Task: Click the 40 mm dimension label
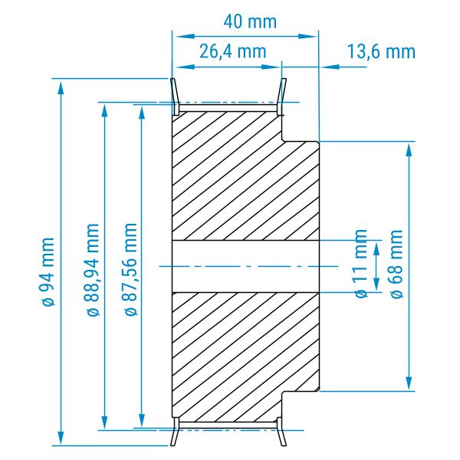pyautogui.click(x=250, y=22)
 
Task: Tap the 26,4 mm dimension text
pyautogui.click(x=233, y=51)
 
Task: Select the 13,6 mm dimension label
pyautogui.click(x=381, y=51)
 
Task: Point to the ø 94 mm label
pyautogui.click(x=48, y=272)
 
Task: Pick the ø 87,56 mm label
pyautogui.click(x=131, y=269)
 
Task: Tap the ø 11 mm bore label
pyautogui.click(x=361, y=264)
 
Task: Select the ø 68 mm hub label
pyautogui.click(x=396, y=264)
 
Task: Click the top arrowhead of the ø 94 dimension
pyautogui.click(x=61, y=87)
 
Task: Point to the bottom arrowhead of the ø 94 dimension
pyautogui.click(x=61, y=437)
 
